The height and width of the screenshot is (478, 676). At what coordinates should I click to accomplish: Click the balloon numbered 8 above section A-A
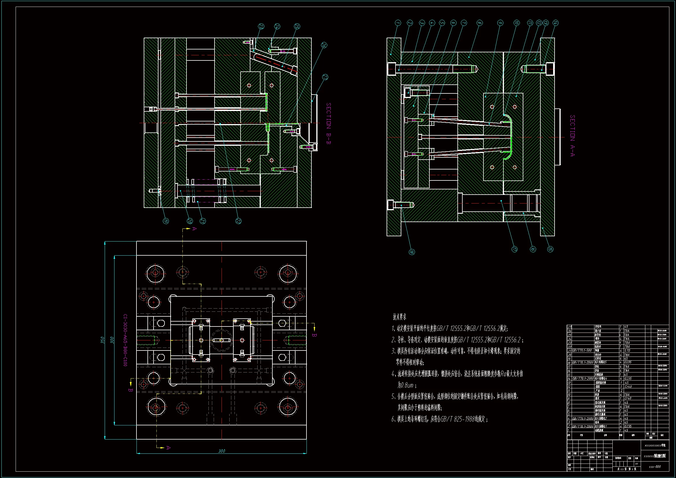pyautogui.click(x=480, y=23)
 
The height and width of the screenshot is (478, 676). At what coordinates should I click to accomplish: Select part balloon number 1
pyautogui.click(x=398, y=23)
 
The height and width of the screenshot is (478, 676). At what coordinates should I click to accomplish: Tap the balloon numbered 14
pyautogui.click(x=555, y=23)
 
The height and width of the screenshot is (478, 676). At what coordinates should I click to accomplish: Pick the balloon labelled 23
pyautogui.click(x=261, y=27)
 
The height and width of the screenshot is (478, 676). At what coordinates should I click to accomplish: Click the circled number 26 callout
pyautogui.click(x=324, y=45)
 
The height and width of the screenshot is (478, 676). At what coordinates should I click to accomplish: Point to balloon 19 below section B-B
pyautogui.click(x=166, y=221)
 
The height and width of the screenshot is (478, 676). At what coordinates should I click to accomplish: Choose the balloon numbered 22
pyautogui.click(x=239, y=221)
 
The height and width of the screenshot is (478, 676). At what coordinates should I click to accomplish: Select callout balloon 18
pyautogui.click(x=412, y=252)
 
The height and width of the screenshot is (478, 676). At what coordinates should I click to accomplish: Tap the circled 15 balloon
pyautogui.click(x=550, y=249)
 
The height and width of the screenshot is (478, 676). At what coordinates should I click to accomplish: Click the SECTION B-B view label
pyautogui.click(x=328, y=123)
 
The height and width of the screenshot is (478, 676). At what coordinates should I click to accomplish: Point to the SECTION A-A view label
pyautogui.click(x=572, y=136)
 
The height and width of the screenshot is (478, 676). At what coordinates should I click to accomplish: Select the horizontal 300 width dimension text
pyautogui.click(x=222, y=451)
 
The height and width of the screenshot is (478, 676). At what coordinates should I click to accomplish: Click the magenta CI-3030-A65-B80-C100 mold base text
pyautogui.click(x=125, y=340)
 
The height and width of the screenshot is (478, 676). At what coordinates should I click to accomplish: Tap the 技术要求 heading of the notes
pyautogui.click(x=400, y=317)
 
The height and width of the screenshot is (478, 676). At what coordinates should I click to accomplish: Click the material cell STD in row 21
pyautogui.click(x=627, y=350)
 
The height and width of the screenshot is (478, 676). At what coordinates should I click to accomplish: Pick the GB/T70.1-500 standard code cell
pyautogui.click(x=582, y=350)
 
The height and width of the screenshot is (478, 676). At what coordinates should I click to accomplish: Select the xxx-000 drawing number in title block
pyautogui.click(x=655, y=466)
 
